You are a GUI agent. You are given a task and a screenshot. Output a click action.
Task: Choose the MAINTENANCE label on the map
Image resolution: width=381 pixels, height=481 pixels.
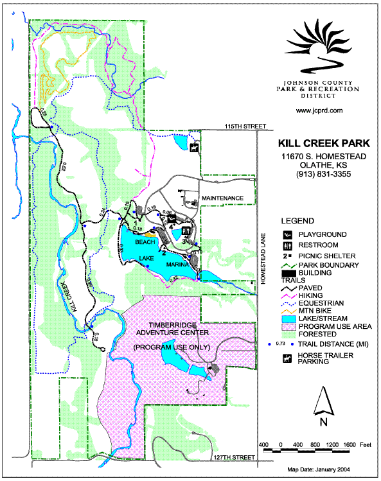point(222,197)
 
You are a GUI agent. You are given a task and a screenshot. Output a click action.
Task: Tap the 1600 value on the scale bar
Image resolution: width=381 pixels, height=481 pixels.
point(349,445)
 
